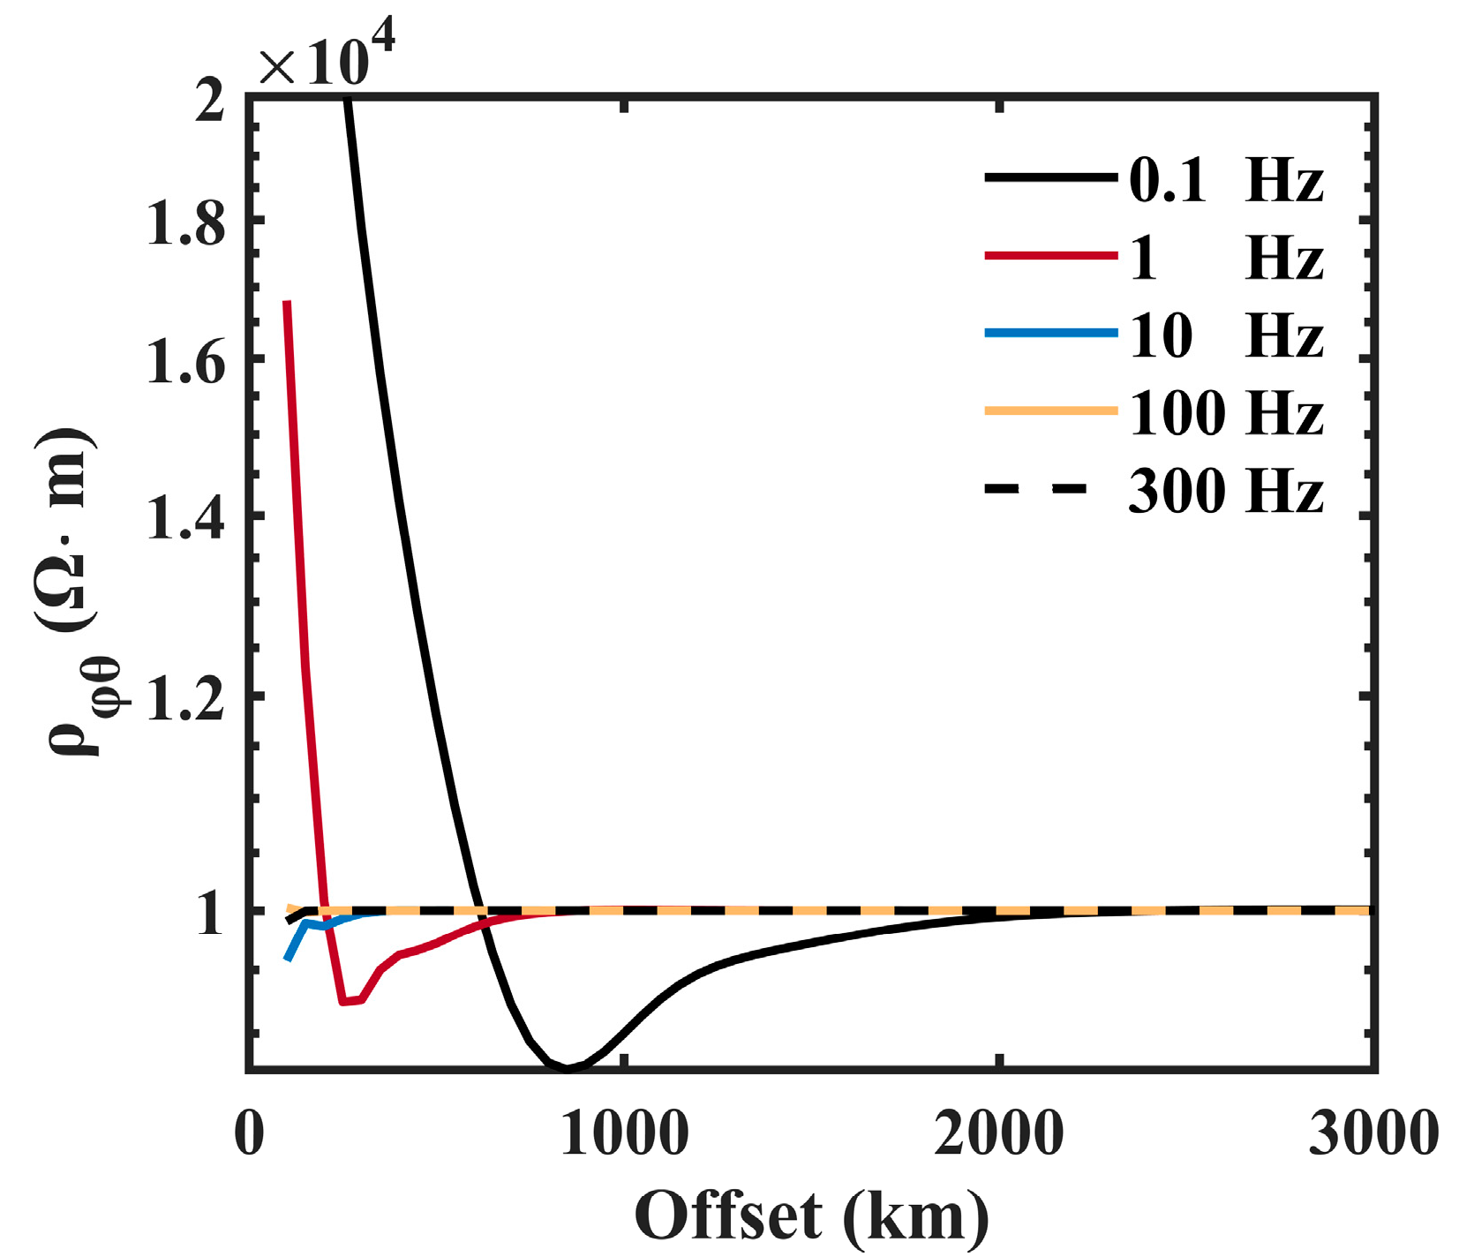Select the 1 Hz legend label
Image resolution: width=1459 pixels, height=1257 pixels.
click(1225, 258)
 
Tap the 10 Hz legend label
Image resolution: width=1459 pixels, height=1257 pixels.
click(1225, 335)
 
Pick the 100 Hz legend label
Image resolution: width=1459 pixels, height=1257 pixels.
click(1225, 412)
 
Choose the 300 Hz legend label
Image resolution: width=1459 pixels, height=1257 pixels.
click(1225, 490)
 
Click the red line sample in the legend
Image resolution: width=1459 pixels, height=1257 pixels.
click(1050, 256)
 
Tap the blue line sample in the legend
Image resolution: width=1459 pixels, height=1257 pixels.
click(1050, 333)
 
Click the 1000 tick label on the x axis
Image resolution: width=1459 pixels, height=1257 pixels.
click(624, 1133)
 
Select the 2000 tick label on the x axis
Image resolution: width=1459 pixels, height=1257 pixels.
click(998, 1133)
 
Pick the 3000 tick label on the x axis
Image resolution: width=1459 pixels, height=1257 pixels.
click(1373, 1133)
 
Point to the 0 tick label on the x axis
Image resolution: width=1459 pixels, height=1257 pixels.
click(249, 1133)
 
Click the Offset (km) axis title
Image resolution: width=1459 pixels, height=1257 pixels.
click(811, 1217)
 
